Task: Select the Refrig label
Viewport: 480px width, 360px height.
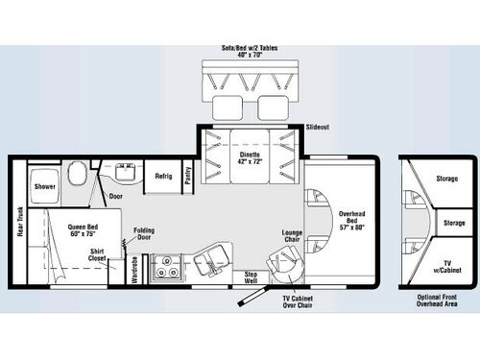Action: (x=164, y=177)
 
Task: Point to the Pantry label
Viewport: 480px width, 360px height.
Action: (x=188, y=177)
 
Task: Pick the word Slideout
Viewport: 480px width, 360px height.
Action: (x=318, y=128)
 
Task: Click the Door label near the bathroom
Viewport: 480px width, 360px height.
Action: (x=115, y=197)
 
